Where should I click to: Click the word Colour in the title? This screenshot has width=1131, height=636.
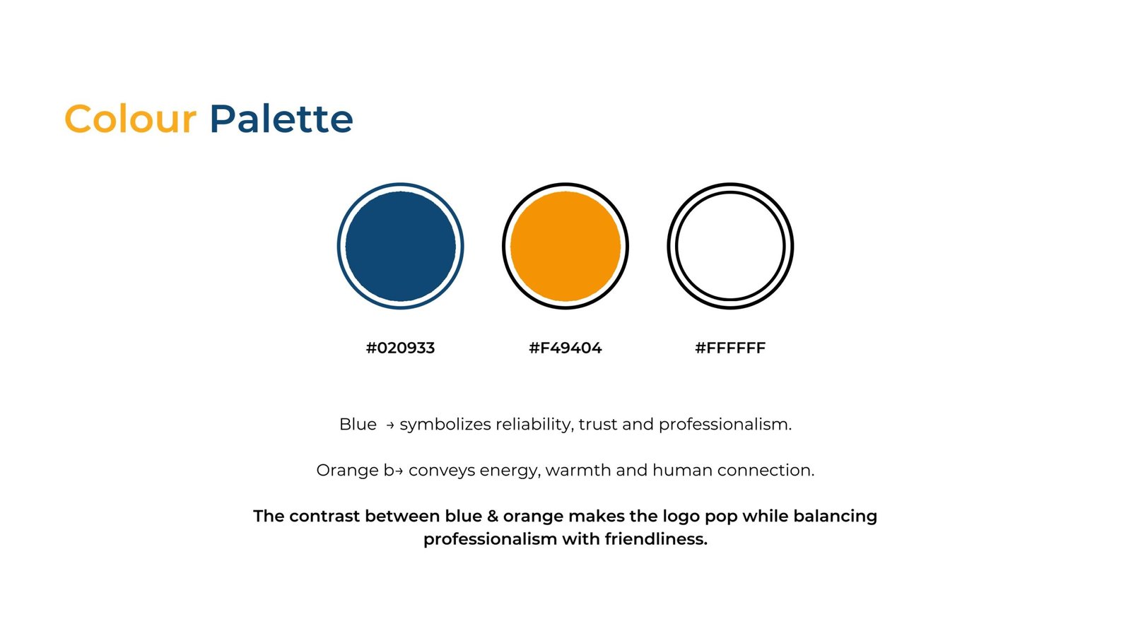coord(130,119)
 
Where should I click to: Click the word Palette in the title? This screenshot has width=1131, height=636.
coord(281,119)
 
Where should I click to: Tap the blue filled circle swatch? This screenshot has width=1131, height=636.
coord(400,247)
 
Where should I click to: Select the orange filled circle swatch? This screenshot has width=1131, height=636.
coord(565,247)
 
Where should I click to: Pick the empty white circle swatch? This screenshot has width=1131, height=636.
coord(676,247)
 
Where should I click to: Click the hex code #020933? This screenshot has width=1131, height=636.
coord(400,348)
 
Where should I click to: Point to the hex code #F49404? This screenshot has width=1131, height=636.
coord(565,348)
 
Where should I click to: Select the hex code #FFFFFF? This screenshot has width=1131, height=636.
coord(731,348)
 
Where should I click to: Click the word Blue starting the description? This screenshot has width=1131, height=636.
coord(358,424)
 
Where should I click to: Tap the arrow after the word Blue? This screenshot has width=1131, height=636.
coord(389,425)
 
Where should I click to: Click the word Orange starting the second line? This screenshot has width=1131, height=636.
coord(347,471)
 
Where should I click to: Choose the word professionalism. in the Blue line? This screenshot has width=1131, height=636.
coord(725,425)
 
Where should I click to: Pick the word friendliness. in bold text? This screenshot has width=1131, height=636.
coord(656,539)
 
